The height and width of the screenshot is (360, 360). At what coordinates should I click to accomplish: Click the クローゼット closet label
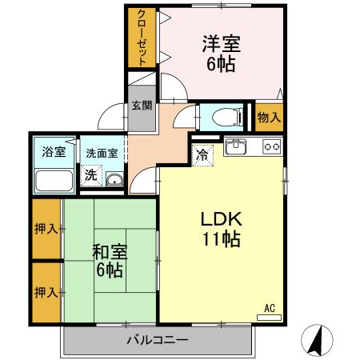[x=141, y=38]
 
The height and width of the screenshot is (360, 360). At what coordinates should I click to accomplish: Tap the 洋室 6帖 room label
[x=221, y=54]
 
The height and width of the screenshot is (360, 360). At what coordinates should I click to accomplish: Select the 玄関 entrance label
[x=142, y=106]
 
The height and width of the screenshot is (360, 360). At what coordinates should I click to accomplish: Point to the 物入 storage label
[x=269, y=117]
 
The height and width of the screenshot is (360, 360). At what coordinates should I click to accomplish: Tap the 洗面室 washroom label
[x=102, y=151]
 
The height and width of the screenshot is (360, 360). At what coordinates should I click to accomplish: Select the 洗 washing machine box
[x=91, y=175]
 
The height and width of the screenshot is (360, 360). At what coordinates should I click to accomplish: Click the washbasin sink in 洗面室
[x=114, y=180]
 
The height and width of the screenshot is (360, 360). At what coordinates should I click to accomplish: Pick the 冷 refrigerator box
[x=203, y=155]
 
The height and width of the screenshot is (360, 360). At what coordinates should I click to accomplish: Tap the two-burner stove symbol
[x=272, y=147]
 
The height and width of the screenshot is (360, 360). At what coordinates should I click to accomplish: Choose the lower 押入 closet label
[x=46, y=292]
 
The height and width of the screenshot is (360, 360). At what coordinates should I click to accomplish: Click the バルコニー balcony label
[x=158, y=341]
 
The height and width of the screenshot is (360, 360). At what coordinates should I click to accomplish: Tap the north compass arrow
[x=316, y=342]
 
